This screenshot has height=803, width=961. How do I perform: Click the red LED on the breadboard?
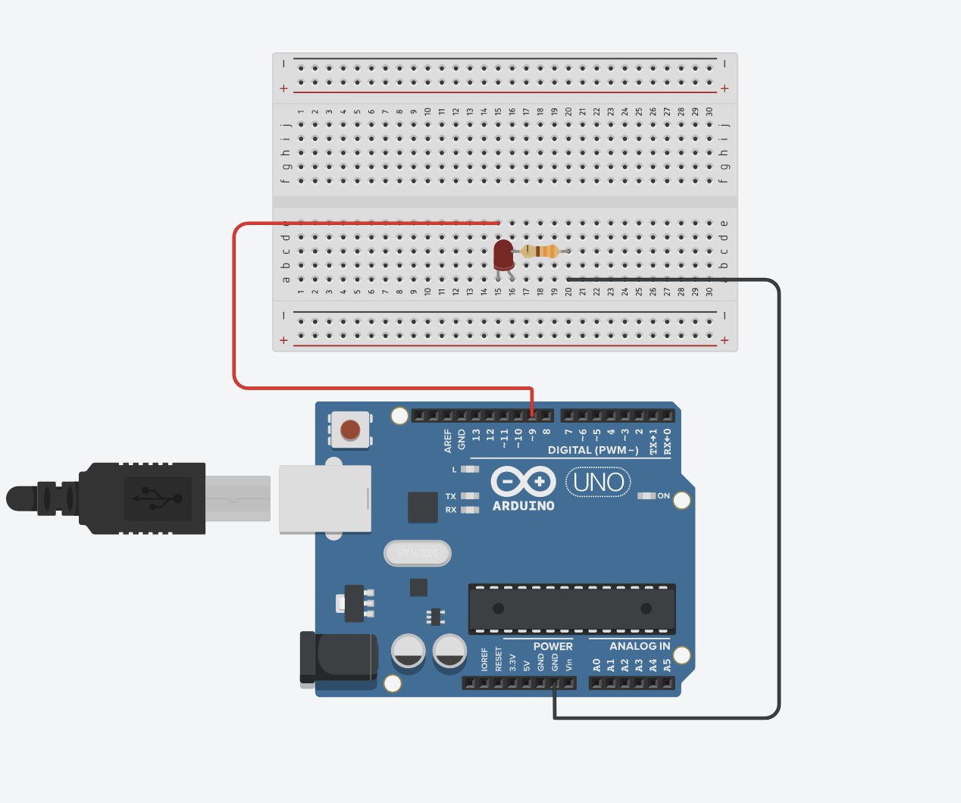(503, 255)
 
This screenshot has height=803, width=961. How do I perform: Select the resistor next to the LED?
(540, 252)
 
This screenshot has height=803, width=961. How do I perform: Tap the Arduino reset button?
(350, 430)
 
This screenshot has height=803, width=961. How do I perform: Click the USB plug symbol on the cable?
(158, 498)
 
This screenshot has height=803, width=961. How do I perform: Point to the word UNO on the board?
(599, 483)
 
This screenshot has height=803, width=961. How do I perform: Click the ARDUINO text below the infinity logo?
(524, 506)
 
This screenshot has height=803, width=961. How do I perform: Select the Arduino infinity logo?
(523, 482)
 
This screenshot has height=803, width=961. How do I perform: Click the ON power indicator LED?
(646, 496)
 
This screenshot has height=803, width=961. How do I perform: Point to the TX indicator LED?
(470, 497)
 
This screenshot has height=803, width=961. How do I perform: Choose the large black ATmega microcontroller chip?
(571, 608)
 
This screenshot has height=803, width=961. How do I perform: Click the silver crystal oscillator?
(418, 554)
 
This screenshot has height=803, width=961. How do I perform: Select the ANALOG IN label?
(640, 646)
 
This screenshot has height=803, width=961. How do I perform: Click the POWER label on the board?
(553, 646)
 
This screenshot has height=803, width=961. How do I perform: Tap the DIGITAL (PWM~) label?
(593, 450)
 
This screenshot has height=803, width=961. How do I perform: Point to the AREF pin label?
(448, 440)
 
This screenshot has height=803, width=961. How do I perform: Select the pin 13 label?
(476, 435)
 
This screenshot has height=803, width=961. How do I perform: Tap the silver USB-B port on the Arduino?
(325, 498)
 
